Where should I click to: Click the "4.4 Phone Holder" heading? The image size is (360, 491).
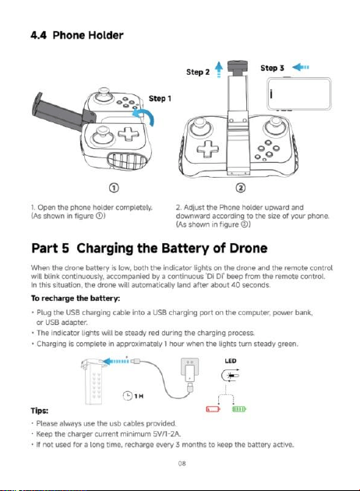(x=77, y=35)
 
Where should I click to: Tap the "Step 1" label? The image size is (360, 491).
(x=160, y=99)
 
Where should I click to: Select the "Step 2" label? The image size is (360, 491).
(x=198, y=72)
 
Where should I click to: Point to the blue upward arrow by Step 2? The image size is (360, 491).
(x=219, y=69)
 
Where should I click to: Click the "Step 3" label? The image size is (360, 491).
(x=272, y=68)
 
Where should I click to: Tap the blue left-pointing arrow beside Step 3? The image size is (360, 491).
(x=301, y=67)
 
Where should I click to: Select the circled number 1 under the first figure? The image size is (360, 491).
(x=115, y=188)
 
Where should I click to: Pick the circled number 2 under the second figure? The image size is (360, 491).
(x=240, y=188)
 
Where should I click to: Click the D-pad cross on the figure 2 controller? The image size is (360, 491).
(x=208, y=148)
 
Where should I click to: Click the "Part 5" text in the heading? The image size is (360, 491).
(x=50, y=249)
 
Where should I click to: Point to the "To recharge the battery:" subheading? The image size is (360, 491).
(x=76, y=298)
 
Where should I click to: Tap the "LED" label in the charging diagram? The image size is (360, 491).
(x=231, y=361)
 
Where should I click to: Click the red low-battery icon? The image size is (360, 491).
(x=213, y=409)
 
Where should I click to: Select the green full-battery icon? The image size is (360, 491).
(x=239, y=409)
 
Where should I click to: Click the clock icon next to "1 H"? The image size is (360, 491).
(x=128, y=395)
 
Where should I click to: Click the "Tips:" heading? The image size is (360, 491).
(x=40, y=411)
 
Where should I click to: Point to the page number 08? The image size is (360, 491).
(x=182, y=464)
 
